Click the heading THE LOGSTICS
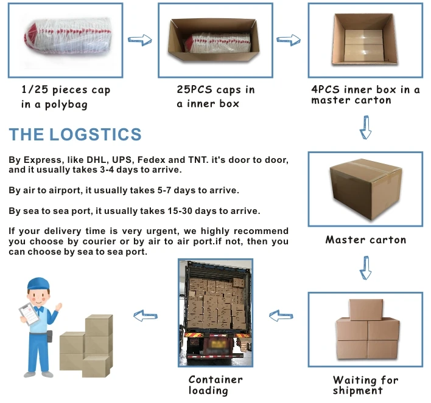pos(75,135)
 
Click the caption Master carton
pos(365,239)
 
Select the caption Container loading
pos(215,385)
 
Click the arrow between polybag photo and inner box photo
pos(139,40)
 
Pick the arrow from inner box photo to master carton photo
pos(288,40)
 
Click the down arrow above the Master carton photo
pos(365,129)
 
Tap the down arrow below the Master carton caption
pos(365,267)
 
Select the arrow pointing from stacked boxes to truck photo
pos(281,315)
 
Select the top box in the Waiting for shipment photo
pos(366,310)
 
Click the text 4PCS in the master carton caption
pos(325,90)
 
